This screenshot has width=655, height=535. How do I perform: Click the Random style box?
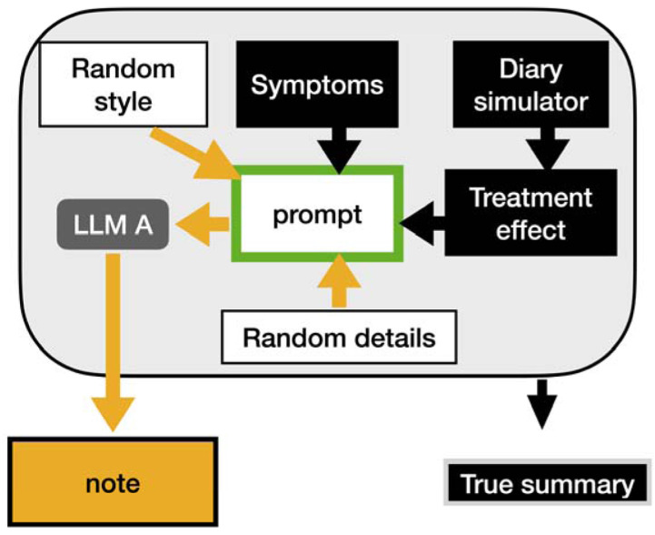click(123, 86)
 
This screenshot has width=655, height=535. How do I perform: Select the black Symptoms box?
click(316, 86)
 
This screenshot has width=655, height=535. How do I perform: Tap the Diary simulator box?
click(531, 86)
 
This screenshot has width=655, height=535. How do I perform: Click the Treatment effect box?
click(531, 213)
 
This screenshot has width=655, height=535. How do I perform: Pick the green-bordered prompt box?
click(316, 215)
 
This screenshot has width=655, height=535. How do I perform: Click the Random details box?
click(338, 338)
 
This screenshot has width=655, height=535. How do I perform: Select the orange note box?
click(112, 482)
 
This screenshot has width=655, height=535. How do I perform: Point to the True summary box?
click(547, 483)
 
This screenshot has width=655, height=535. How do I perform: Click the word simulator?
click(531, 103)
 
